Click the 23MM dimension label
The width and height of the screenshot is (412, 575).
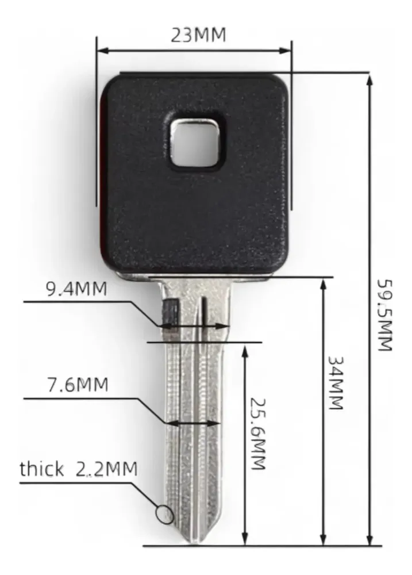pyautogui.click(x=198, y=35)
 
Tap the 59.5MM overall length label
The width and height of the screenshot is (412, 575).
pyautogui.click(x=385, y=315)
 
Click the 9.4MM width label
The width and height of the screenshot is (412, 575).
pyautogui.click(x=76, y=289)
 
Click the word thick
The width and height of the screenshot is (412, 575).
pyautogui.click(x=41, y=469)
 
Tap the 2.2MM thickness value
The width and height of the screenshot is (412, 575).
pyautogui.click(x=107, y=469)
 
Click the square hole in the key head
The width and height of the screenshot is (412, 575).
pyautogui.click(x=196, y=144)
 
